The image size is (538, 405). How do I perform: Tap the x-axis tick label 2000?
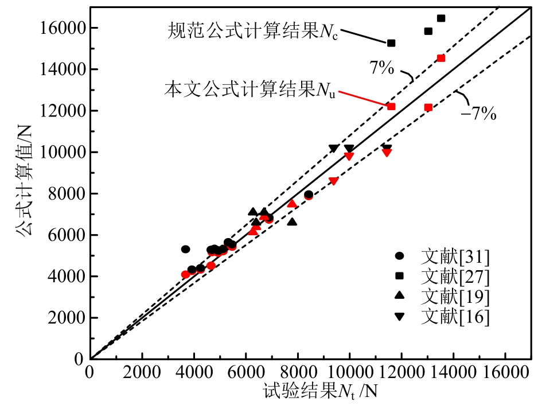pos(142,372)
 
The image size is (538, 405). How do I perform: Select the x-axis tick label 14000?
pos(453,372)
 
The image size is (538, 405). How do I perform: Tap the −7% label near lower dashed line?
pos(479,114)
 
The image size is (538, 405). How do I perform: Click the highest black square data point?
pos(441,18)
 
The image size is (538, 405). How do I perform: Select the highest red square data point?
pos(441,58)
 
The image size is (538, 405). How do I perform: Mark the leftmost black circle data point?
pos(185,249)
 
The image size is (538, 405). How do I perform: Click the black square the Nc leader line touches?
pos(391,43)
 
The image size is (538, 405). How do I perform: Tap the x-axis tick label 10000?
pos(349,372)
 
